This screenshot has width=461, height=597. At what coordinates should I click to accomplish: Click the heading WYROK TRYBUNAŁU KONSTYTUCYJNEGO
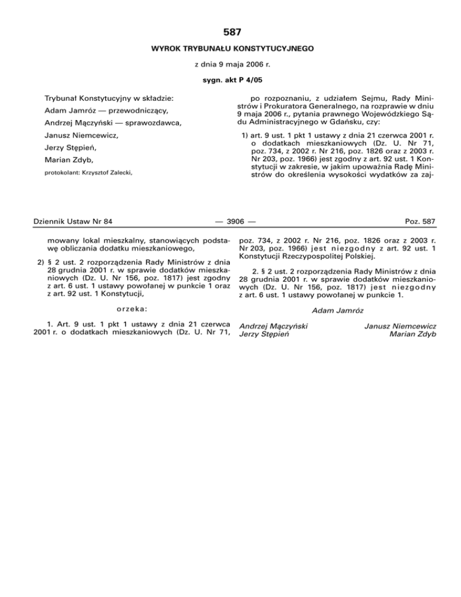(230, 47)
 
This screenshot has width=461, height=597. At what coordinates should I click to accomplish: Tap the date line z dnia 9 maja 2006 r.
(230, 64)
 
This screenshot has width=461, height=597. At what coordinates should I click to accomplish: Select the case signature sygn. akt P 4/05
(230, 79)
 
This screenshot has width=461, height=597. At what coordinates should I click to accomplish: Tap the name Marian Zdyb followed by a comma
(68, 160)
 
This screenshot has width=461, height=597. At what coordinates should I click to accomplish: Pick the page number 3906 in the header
(230, 222)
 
